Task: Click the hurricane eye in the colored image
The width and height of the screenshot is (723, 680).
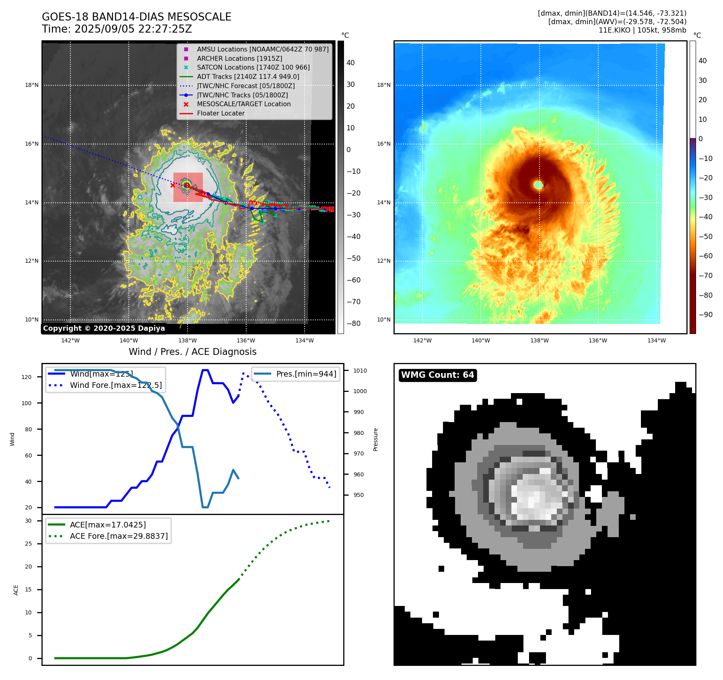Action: pyautogui.click(x=539, y=185)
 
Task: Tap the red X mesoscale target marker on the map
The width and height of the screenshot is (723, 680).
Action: pyautogui.click(x=173, y=185)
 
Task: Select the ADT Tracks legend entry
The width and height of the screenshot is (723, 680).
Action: pyautogui.click(x=248, y=76)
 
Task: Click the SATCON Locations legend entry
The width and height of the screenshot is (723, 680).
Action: pyautogui.click(x=253, y=67)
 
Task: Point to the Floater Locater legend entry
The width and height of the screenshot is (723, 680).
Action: pyautogui.click(x=220, y=113)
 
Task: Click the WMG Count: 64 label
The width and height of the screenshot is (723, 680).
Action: pyautogui.click(x=437, y=375)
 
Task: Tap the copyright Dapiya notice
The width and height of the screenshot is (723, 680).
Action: pyautogui.click(x=104, y=328)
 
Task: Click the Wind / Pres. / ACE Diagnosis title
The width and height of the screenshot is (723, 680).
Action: pyautogui.click(x=192, y=352)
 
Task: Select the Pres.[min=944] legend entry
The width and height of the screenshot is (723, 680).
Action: pyautogui.click(x=306, y=374)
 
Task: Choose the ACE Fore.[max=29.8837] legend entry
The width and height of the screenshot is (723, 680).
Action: pyautogui.click(x=119, y=536)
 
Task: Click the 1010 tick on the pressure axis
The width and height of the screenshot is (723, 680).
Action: pyautogui.click(x=360, y=371)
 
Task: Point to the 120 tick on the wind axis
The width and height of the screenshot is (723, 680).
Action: pyautogui.click(x=27, y=377)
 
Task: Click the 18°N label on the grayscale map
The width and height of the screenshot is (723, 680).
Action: pyautogui.click(x=32, y=85)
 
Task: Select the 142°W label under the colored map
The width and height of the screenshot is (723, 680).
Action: pyautogui.click(x=422, y=340)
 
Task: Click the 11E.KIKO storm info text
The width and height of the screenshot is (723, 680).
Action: pyautogui.click(x=642, y=30)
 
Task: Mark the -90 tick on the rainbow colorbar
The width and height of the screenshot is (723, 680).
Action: pyautogui.click(x=705, y=315)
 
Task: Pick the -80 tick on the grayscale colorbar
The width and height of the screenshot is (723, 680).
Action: pyautogui.click(x=353, y=324)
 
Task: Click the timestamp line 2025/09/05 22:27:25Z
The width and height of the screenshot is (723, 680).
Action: pyautogui.click(x=117, y=29)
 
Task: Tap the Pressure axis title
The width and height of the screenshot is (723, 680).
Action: pyautogui.click(x=375, y=439)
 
